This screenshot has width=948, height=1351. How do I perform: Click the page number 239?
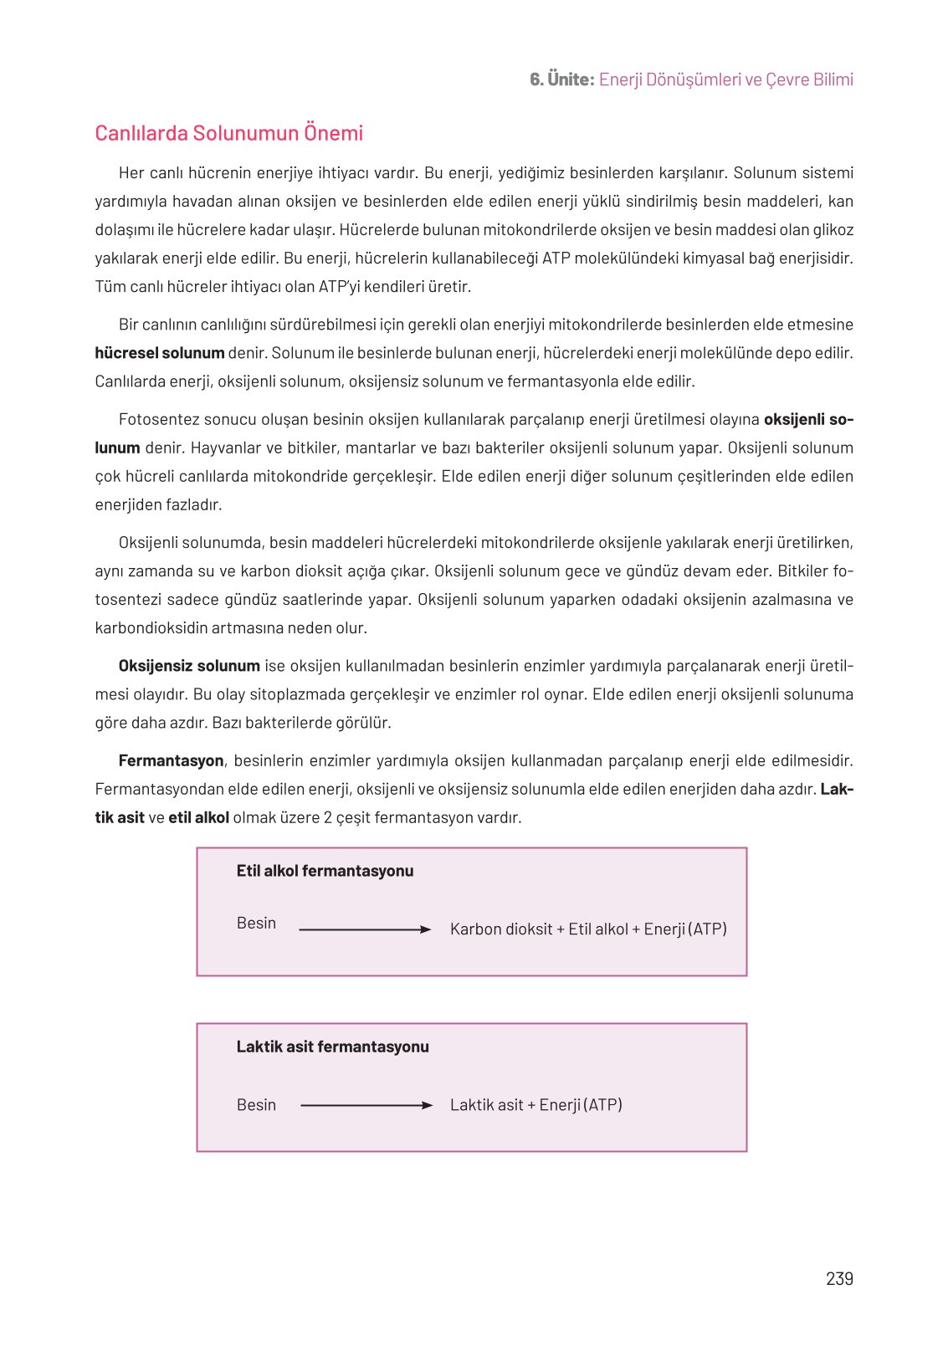pos(839,1278)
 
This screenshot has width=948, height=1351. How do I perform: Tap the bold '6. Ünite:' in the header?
pos(561,79)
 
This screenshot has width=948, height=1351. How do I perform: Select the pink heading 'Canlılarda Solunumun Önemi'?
pos(228,133)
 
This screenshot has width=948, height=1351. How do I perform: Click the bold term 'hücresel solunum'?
pos(159,353)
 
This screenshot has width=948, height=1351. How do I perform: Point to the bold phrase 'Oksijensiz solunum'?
pos(189,666)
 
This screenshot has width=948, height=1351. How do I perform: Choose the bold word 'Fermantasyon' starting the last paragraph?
pos(171,760)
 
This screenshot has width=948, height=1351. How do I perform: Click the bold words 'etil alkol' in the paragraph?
pos(198,817)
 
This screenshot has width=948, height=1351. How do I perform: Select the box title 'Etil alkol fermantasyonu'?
pos(325,871)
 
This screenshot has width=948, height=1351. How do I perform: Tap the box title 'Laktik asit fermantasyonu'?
pos(332,1047)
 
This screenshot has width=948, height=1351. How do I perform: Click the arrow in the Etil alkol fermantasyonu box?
pos(365,929)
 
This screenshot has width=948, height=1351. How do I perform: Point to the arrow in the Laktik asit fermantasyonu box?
pos(366,1105)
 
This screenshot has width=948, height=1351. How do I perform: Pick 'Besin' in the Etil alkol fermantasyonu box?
pos(256,923)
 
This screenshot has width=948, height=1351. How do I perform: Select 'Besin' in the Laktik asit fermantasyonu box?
pos(256,1104)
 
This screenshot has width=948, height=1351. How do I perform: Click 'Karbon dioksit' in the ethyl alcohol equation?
pos(501,929)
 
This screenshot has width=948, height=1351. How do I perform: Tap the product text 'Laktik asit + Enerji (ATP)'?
pos(535,1104)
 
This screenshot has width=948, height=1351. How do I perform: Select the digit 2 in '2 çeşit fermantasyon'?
pos(328,817)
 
